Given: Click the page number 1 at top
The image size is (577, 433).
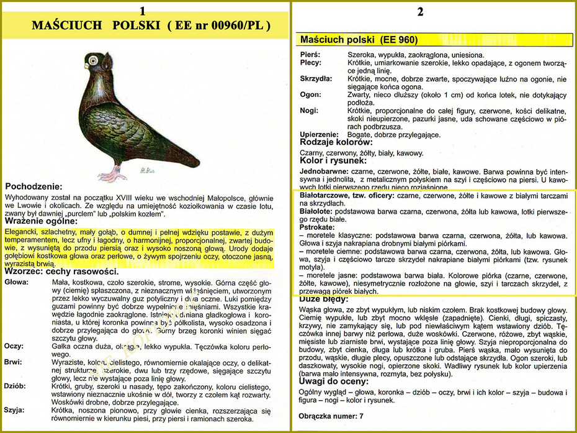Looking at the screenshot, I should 143,11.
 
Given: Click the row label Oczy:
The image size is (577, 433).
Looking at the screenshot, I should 14,345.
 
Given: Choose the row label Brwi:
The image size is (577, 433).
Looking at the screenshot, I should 14,362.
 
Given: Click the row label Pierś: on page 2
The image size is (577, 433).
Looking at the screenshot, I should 310,55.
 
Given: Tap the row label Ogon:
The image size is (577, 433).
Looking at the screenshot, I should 310,94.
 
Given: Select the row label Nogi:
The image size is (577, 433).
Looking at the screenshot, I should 310,110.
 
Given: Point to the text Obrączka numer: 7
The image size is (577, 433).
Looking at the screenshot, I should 331,415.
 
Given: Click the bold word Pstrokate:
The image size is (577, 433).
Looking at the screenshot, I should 317,228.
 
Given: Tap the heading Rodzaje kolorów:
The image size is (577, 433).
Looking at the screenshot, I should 336,142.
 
